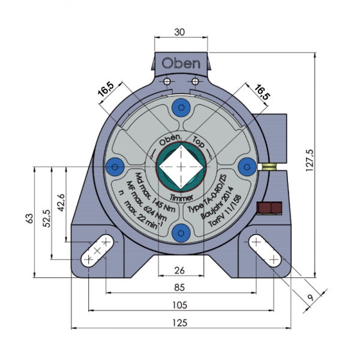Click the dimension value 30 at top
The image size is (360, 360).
[x=179, y=33]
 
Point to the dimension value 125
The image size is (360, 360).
[x=179, y=322]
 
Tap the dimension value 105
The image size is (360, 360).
[x=179, y=305]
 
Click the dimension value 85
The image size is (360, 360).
[x=179, y=287]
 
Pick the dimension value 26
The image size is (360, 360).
[x=179, y=269]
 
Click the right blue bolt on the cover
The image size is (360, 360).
[x=245, y=166]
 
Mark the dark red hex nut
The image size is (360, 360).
[x=269, y=208]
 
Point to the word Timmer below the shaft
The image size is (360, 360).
[x=180, y=196]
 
